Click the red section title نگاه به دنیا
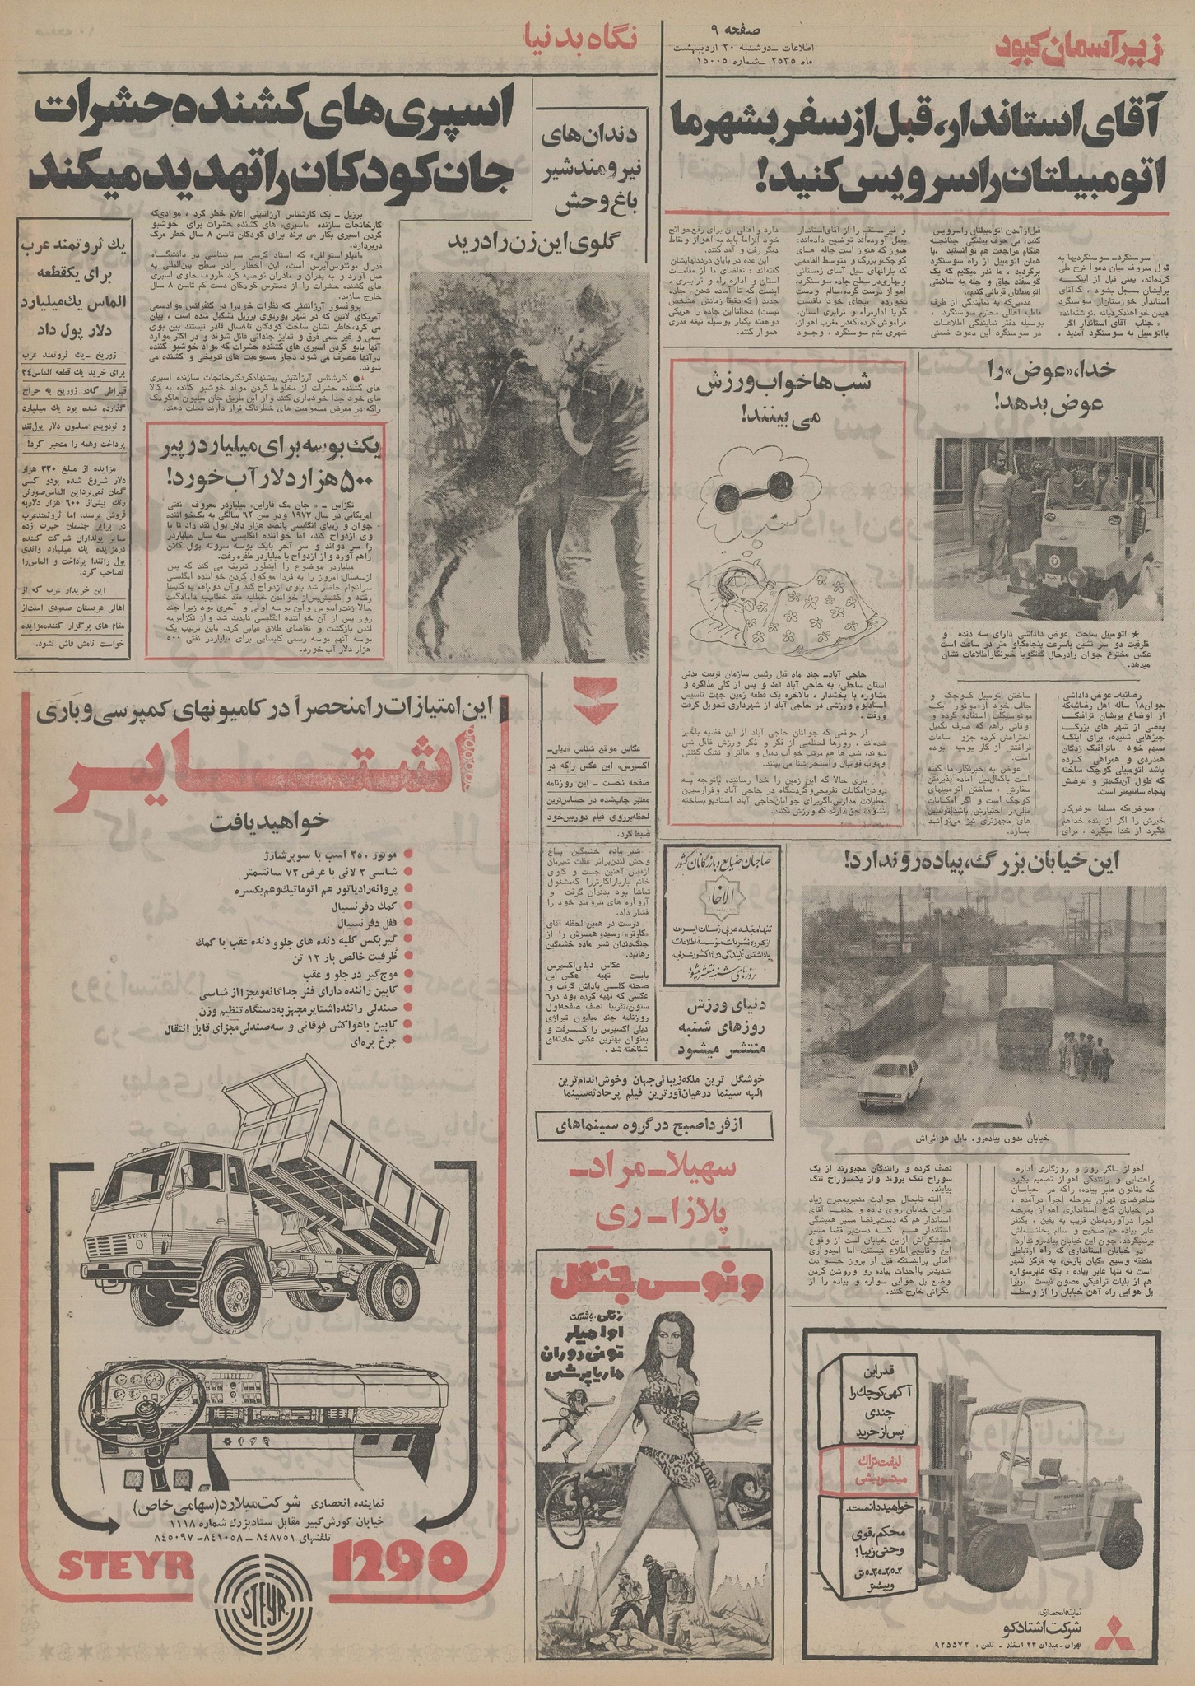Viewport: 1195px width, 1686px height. pos(580,39)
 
